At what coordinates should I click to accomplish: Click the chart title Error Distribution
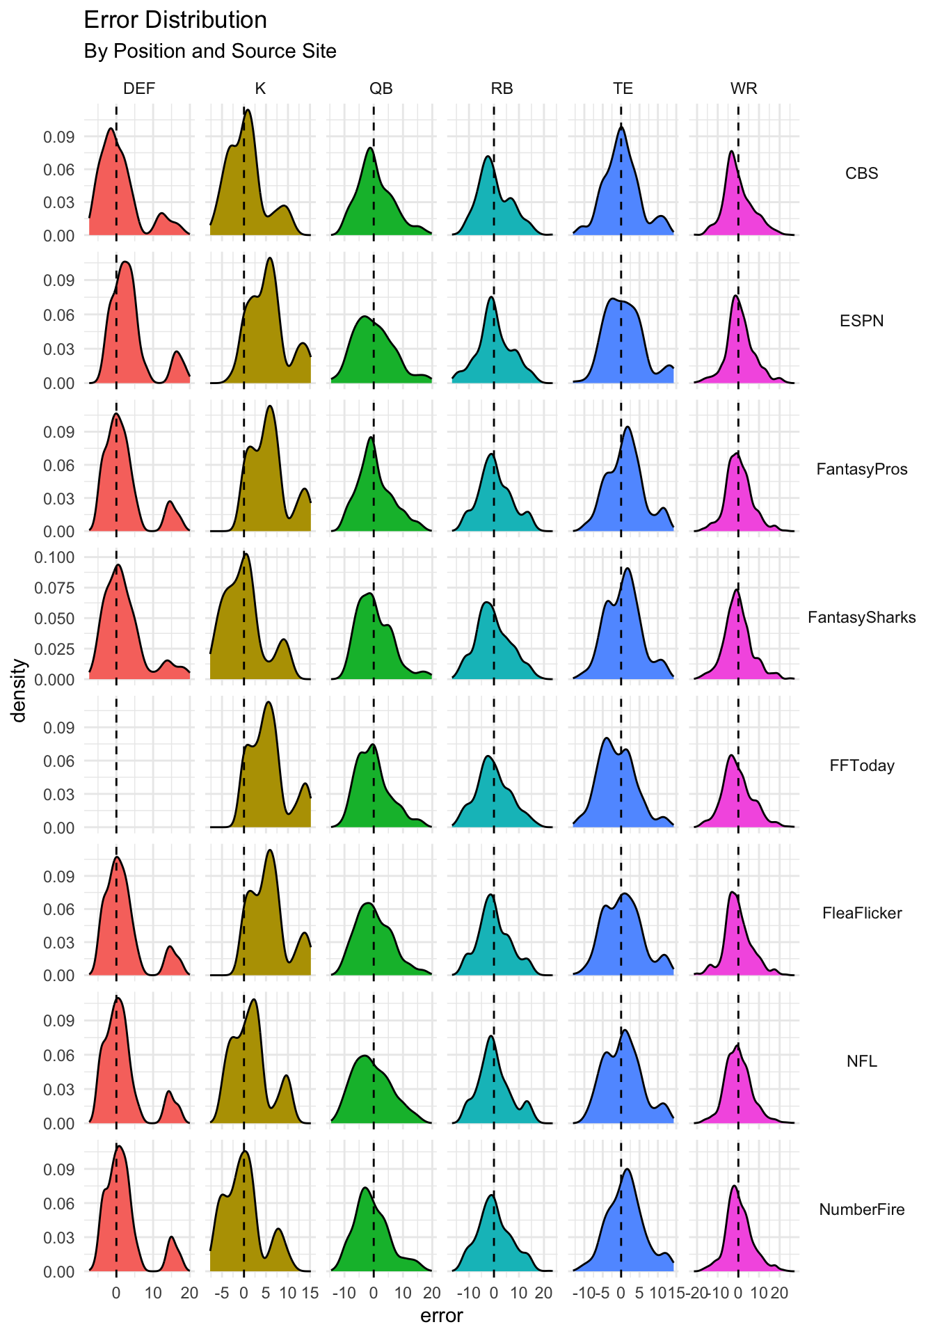click(175, 20)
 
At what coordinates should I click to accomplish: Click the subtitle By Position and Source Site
click(209, 51)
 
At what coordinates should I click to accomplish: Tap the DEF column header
click(139, 88)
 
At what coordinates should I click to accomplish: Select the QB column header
click(381, 88)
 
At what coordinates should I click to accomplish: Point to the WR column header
click(744, 88)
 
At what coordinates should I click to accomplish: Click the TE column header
click(623, 88)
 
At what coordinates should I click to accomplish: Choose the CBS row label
click(861, 173)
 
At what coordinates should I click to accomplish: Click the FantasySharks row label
click(861, 617)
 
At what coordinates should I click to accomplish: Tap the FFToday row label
click(861, 765)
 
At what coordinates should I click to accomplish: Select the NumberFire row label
click(861, 1209)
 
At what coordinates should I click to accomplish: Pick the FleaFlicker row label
click(861, 913)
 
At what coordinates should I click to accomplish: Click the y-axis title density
click(19, 690)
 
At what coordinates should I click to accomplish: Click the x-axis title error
click(441, 1316)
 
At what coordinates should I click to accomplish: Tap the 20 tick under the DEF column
click(189, 1293)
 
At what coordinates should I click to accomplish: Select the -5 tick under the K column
click(221, 1293)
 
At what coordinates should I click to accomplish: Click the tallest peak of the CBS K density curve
click(248, 110)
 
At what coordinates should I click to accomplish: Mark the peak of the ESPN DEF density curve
click(125, 262)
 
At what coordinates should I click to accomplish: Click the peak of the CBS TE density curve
click(621, 127)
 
